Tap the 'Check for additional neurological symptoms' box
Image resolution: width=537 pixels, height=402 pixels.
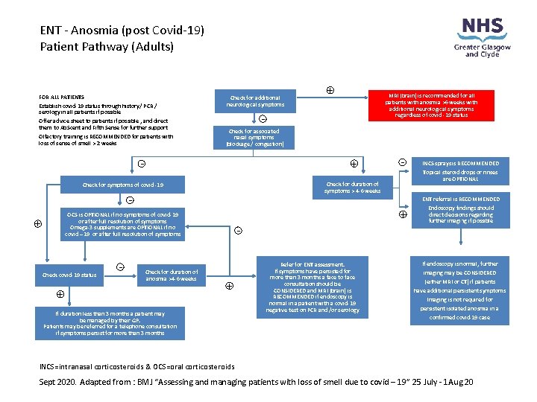(x=255, y=101)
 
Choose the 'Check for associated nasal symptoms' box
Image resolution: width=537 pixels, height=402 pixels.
(x=255, y=137)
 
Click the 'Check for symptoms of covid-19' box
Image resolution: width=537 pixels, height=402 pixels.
(x=122, y=185)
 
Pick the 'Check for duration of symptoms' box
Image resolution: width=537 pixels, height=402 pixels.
(x=352, y=188)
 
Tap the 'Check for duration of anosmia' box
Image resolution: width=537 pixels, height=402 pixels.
(x=171, y=275)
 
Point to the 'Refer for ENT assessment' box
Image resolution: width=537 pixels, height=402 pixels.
(x=313, y=287)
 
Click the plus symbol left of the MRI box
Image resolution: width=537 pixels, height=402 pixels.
(x=330, y=91)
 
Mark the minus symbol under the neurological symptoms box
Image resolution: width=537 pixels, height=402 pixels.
(x=263, y=119)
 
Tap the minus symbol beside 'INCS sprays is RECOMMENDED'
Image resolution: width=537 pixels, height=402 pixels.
(x=402, y=162)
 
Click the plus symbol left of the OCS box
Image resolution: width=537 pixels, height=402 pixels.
(x=38, y=223)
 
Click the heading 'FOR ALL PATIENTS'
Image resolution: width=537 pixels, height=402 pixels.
(x=61, y=97)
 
